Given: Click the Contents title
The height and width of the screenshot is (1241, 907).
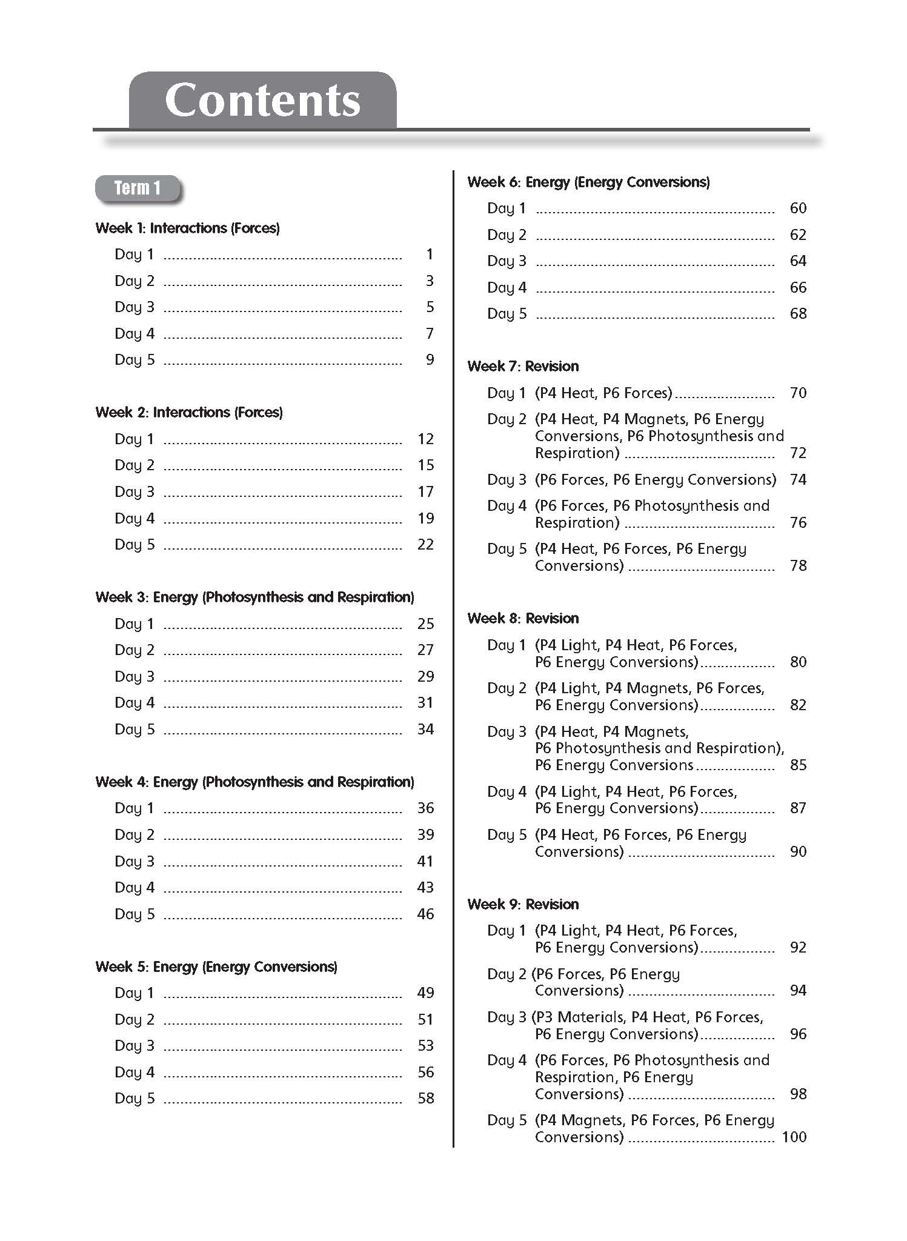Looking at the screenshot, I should (262, 101).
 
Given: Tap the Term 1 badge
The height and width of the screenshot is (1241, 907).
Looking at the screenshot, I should (138, 188).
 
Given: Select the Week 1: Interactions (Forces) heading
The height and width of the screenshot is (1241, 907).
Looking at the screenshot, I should (187, 228).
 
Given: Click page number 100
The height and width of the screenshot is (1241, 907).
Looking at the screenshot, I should (794, 1137).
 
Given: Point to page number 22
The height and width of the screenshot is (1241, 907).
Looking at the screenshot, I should (425, 544).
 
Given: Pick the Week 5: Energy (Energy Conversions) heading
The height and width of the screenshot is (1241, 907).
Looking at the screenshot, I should (216, 967).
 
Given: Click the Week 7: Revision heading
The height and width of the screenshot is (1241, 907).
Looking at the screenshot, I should (523, 366).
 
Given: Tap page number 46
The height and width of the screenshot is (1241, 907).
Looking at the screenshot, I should (425, 914).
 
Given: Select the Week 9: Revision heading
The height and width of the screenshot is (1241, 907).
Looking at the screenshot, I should (523, 904).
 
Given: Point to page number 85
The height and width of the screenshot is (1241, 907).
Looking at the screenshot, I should (798, 765).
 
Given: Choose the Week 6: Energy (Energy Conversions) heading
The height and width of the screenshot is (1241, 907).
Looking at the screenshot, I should (588, 182).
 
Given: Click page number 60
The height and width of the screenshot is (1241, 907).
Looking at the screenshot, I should (798, 208).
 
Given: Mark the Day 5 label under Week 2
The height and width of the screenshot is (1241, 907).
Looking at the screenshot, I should (135, 544).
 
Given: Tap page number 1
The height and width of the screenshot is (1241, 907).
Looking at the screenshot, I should (430, 254).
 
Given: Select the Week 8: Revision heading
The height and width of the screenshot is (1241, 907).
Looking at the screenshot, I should (523, 618).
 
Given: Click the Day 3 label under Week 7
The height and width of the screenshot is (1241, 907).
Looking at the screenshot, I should (507, 479).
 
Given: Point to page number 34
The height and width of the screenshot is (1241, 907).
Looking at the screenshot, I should (425, 729).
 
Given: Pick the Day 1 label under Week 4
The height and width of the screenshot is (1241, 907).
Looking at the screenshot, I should (135, 808).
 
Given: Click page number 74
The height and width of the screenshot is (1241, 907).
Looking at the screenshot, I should (798, 479).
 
